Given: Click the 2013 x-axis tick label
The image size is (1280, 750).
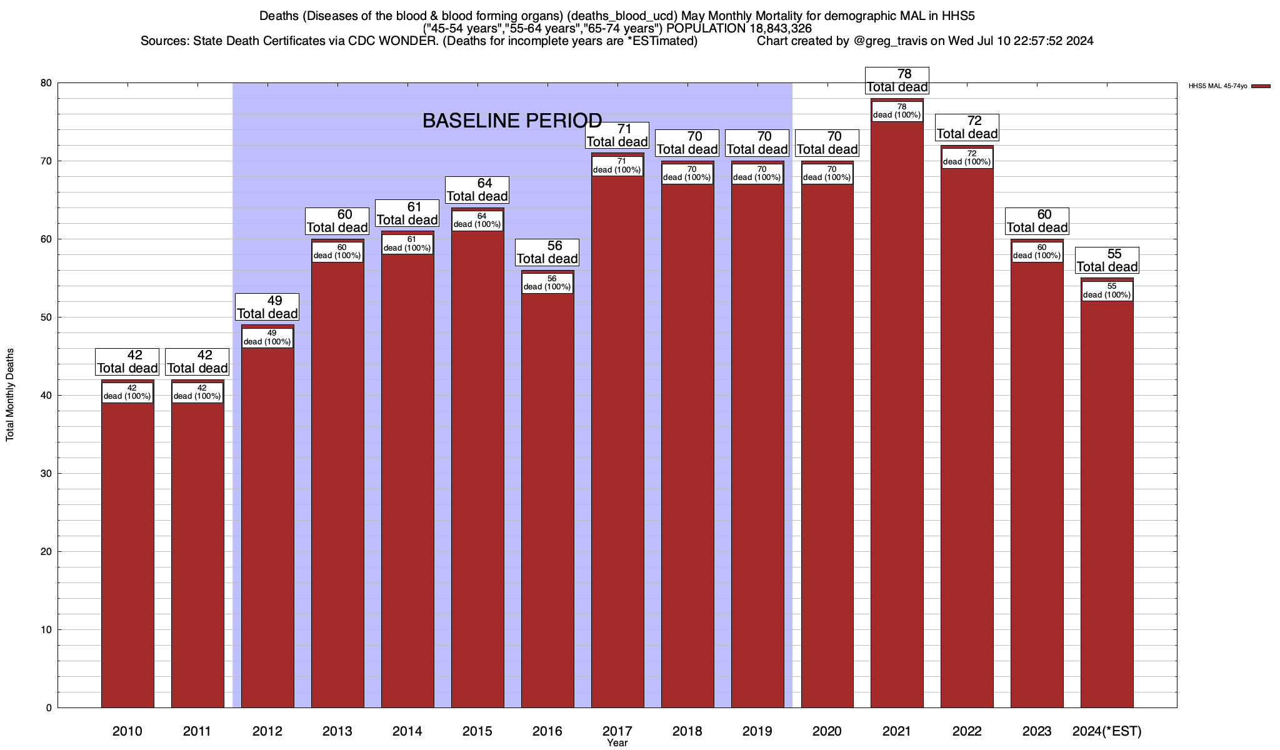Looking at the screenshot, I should (x=337, y=731).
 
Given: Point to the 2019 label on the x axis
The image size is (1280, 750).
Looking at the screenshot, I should (x=757, y=731).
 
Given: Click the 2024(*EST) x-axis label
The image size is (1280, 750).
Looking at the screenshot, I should (x=1107, y=731).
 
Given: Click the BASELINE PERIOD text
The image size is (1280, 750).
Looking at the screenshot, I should (x=512, y=121).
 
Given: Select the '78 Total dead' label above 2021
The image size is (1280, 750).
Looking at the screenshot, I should (x=897, y=81).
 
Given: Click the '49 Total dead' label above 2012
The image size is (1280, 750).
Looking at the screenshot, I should (x=267, y=307).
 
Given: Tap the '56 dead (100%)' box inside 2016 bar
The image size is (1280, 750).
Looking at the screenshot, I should (x=547, y=283).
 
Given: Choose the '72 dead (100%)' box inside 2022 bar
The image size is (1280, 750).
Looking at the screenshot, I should (x=967, y=158).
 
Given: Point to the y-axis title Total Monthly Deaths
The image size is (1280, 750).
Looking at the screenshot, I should (x=10, y=395).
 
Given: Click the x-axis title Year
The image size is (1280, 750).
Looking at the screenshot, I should (x=617, y=743).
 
